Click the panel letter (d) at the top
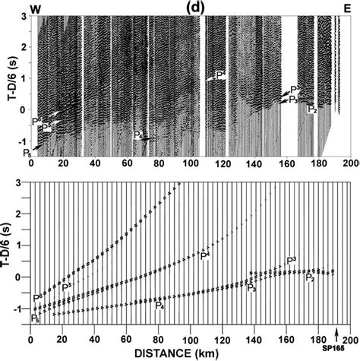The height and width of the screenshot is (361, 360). click(191, 7)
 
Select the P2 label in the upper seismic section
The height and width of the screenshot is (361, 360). click(311, 109)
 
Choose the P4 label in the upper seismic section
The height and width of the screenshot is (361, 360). click(138, 135)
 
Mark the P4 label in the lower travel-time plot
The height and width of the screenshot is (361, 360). click(159, 306)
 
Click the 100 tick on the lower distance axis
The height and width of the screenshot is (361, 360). click(190, 337)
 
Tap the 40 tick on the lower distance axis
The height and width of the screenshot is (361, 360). click(94, 337)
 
